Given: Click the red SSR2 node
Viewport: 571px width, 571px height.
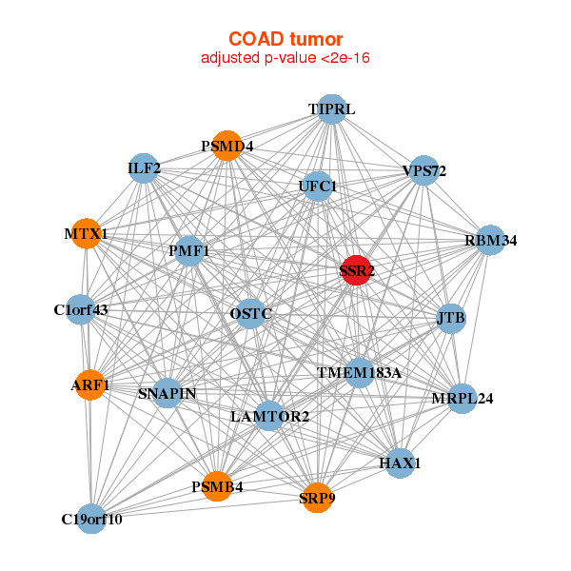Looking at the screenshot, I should pos(356,270).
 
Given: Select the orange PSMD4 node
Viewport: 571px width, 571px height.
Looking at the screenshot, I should pos(226,146).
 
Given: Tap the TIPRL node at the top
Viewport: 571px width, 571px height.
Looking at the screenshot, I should pos(330,109).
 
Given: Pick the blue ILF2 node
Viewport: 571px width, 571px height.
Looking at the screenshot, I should pos(143,168).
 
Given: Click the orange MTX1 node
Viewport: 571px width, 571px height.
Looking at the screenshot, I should pos(86,233).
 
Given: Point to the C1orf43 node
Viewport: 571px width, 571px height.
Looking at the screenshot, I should pos(81,309).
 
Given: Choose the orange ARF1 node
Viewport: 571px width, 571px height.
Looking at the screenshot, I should pos(89,384).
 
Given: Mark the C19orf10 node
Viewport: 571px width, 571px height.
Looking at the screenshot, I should pos(91,519).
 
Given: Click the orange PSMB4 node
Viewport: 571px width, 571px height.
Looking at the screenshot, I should pos(217,486).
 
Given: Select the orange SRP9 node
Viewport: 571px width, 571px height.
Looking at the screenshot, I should pos(318,496).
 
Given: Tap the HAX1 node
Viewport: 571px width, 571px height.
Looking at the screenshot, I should pos(400,463).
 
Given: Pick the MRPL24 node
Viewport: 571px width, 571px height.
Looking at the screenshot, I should pos(462,398).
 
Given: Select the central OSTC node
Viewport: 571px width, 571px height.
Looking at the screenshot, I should pos(250,313).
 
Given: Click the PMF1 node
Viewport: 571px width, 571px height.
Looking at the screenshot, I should pos(189,251).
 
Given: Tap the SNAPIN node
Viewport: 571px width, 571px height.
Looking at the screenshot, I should pos(167,393).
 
